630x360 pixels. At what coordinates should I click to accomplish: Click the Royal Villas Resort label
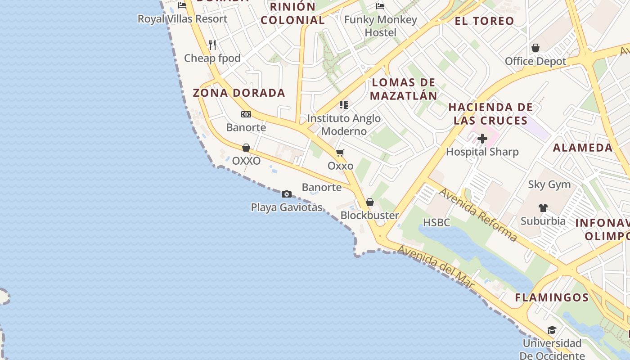(182, 19)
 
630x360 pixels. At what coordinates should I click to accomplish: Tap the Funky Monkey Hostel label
(380, 26)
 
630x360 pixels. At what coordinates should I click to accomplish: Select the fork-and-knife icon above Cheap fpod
(212, 45)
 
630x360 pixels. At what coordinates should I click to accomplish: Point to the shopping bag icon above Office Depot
(535, 48)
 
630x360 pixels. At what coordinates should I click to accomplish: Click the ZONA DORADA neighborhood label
(239, 93)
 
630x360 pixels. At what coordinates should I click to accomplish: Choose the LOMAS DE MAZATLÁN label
(403, 89)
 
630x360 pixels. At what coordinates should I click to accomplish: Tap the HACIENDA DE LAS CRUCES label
(490, 114)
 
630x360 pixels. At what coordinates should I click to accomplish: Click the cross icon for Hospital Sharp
(482, 139)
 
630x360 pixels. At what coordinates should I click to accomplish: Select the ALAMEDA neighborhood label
(583, 148)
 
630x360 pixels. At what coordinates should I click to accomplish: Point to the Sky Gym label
(549, 184)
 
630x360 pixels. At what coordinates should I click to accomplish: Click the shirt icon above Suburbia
(543, 207)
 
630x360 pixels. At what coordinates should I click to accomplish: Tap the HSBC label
(436, 222)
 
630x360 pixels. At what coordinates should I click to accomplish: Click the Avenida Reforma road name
(478, 215)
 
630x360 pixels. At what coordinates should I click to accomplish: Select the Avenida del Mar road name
(436, 266)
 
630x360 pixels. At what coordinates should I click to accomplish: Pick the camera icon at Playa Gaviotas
(287, 194)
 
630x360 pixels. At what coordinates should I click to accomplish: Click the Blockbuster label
(369, 215)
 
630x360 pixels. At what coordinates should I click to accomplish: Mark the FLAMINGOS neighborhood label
(552, 297)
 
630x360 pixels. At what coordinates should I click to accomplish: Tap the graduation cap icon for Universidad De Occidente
(552, 330)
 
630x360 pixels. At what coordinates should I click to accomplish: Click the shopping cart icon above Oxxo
(340, 153)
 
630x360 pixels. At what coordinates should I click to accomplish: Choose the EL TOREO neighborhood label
(484, 21)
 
